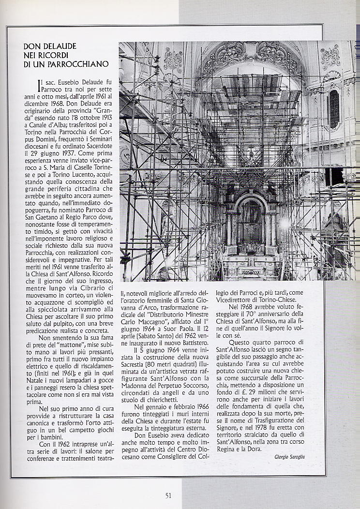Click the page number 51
(168, 495)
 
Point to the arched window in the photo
(334, 109)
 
